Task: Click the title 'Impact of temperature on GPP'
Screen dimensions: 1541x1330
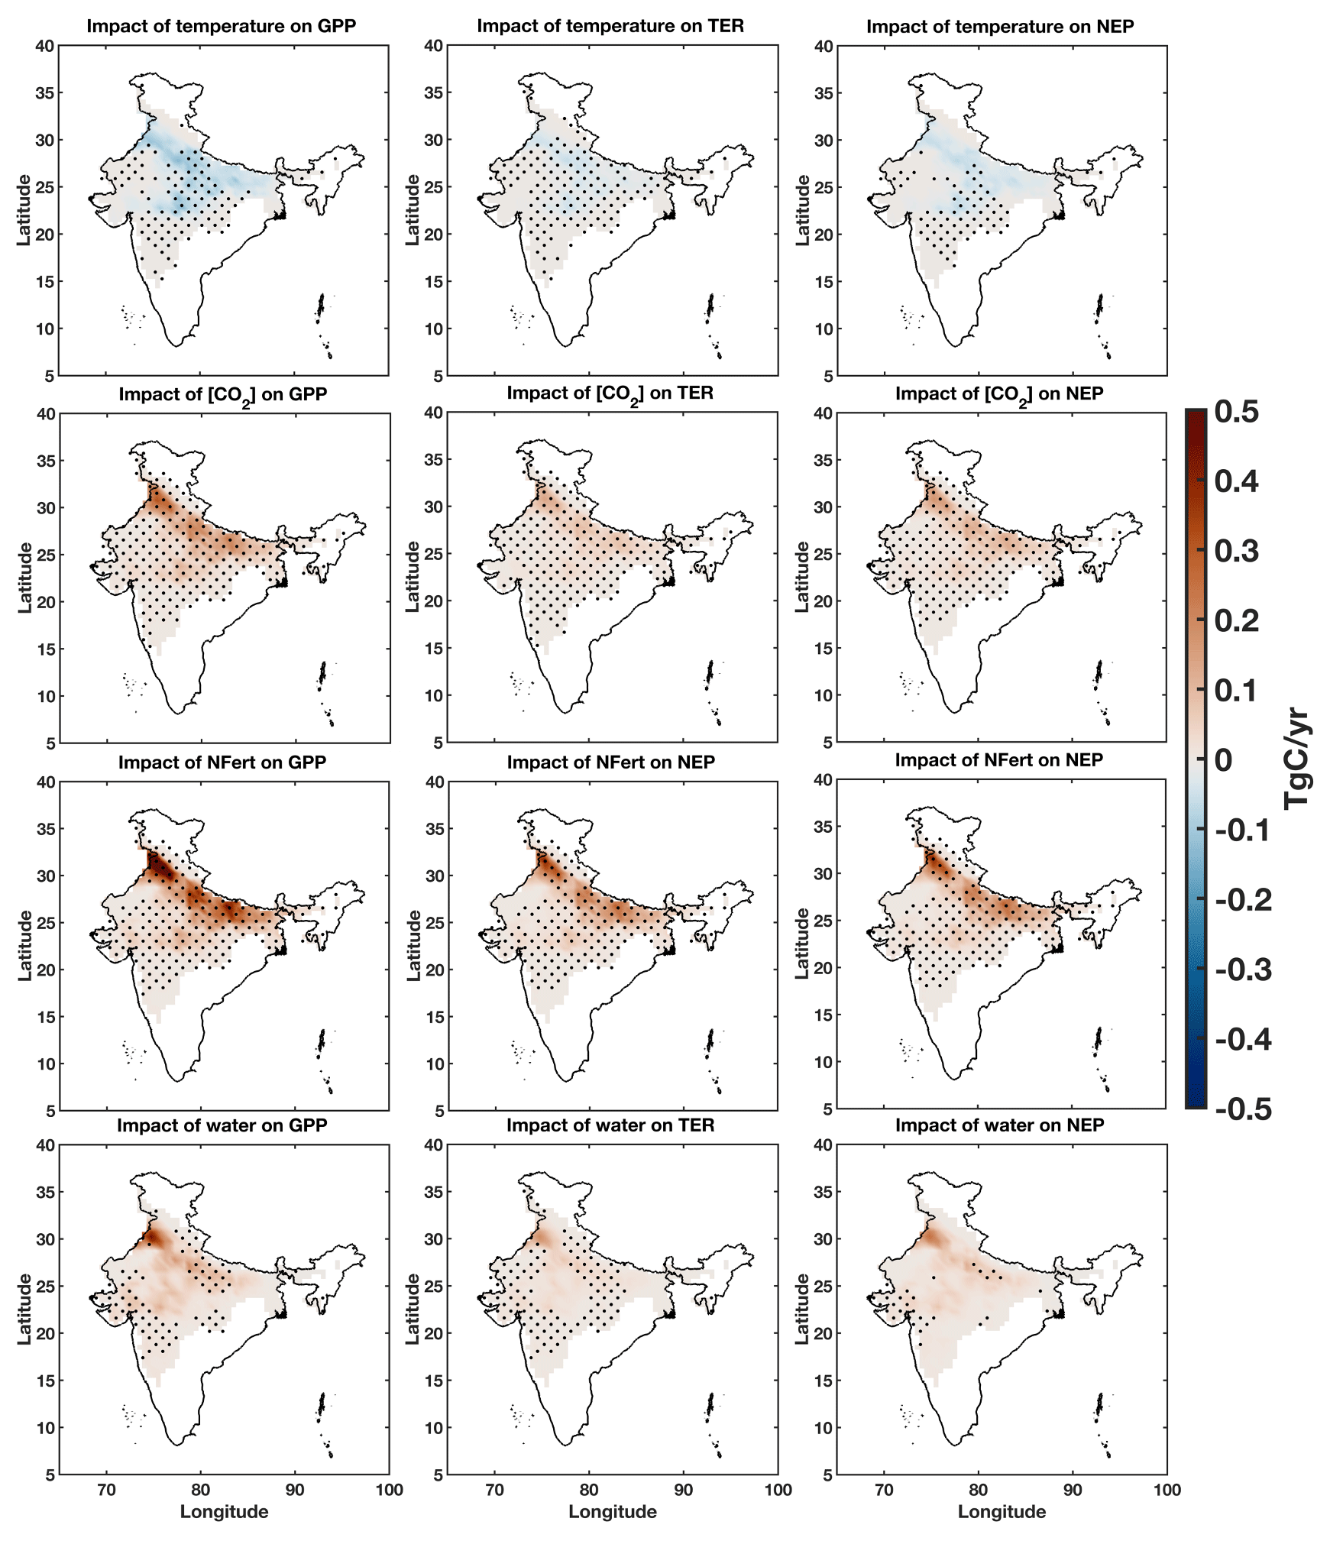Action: tap(221, 26)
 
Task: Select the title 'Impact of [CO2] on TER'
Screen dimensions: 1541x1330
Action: tap(610, 393)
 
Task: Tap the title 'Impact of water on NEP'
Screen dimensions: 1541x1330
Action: tap(999, 1125)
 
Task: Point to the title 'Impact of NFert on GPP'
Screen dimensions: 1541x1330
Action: tap(222, 762)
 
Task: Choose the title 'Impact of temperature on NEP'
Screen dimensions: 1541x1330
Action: tap(999, 27)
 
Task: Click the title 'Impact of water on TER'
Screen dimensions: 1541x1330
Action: tap(610, 1125)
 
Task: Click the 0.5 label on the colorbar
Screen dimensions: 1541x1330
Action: tap(1236, 412)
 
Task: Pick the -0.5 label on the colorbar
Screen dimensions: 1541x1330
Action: tap(1243, 1109)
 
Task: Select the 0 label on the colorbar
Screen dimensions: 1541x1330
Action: tap(1223, 760)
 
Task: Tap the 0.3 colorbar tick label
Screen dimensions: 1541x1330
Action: tap(1236, 551)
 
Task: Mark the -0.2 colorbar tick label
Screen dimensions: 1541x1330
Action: tap(1243, 900)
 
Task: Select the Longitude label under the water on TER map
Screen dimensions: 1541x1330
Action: tap(612, 1511)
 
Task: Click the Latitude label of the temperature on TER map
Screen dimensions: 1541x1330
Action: tap(413, 210)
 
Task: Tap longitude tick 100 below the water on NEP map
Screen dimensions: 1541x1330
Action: tap(1167, 1489)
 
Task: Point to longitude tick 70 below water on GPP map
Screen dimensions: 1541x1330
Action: tap(106, 1489)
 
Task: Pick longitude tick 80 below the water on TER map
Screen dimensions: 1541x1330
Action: tap(588, 1489)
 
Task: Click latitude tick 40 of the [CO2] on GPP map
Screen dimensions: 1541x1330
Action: tap(45, 414)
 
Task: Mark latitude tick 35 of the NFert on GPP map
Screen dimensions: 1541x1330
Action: tap(45, 829)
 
